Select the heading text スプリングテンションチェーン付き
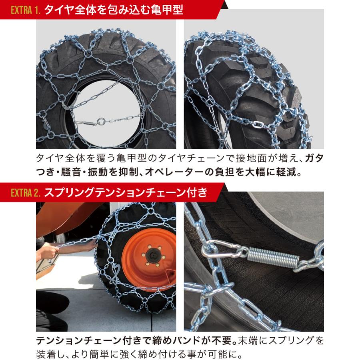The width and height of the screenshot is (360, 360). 126,192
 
